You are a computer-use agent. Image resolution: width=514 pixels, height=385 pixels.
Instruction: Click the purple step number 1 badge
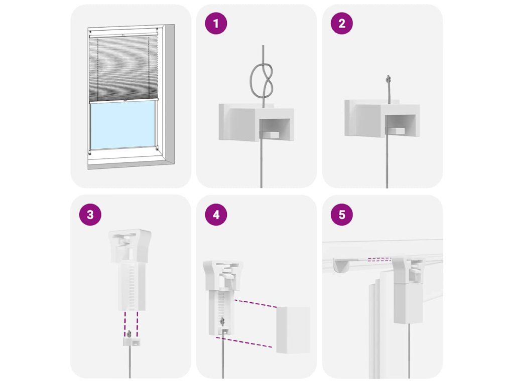click(216, 23)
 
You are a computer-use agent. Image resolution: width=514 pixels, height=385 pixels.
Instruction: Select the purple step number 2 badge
click(341, 23)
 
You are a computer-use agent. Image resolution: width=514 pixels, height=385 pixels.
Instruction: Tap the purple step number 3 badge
click(90, 215)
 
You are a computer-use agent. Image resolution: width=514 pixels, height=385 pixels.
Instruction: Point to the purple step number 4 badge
click(216, 215)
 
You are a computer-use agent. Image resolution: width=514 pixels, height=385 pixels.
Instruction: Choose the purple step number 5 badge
click(341, 215)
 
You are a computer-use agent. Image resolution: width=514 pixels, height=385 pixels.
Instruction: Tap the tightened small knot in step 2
click(389, 78)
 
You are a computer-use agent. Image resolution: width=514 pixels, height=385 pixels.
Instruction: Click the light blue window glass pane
click(123, 125)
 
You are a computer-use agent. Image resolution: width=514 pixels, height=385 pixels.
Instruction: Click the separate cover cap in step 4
click(293, 330)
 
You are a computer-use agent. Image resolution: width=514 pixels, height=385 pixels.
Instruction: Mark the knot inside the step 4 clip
click(222, 321)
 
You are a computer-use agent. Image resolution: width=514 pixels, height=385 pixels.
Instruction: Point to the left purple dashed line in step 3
click(125, 324)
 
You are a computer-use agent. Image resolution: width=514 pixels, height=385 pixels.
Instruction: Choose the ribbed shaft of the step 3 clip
click(132, 286)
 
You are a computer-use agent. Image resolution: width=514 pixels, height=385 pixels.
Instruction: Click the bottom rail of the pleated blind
click(123, 100)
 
